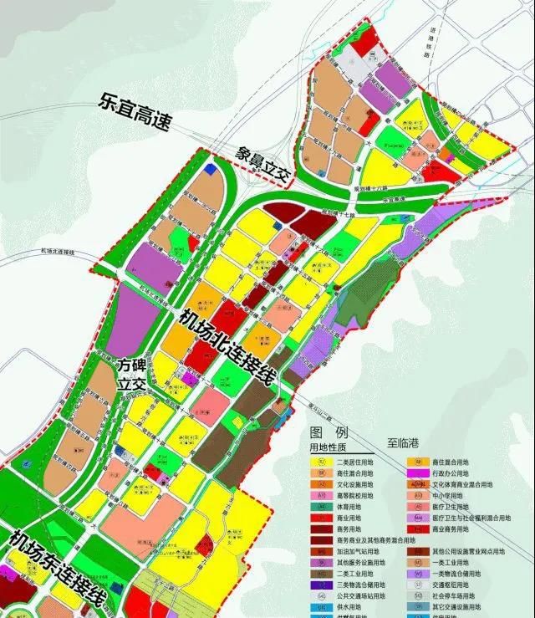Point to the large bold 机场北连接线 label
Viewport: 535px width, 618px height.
pos(227,344)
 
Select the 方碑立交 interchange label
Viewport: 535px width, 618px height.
pos(131,374)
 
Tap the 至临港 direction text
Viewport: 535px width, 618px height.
pos(404,447)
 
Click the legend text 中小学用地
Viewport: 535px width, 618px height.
pos(451,496)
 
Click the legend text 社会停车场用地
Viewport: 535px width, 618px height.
pos(459,596)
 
